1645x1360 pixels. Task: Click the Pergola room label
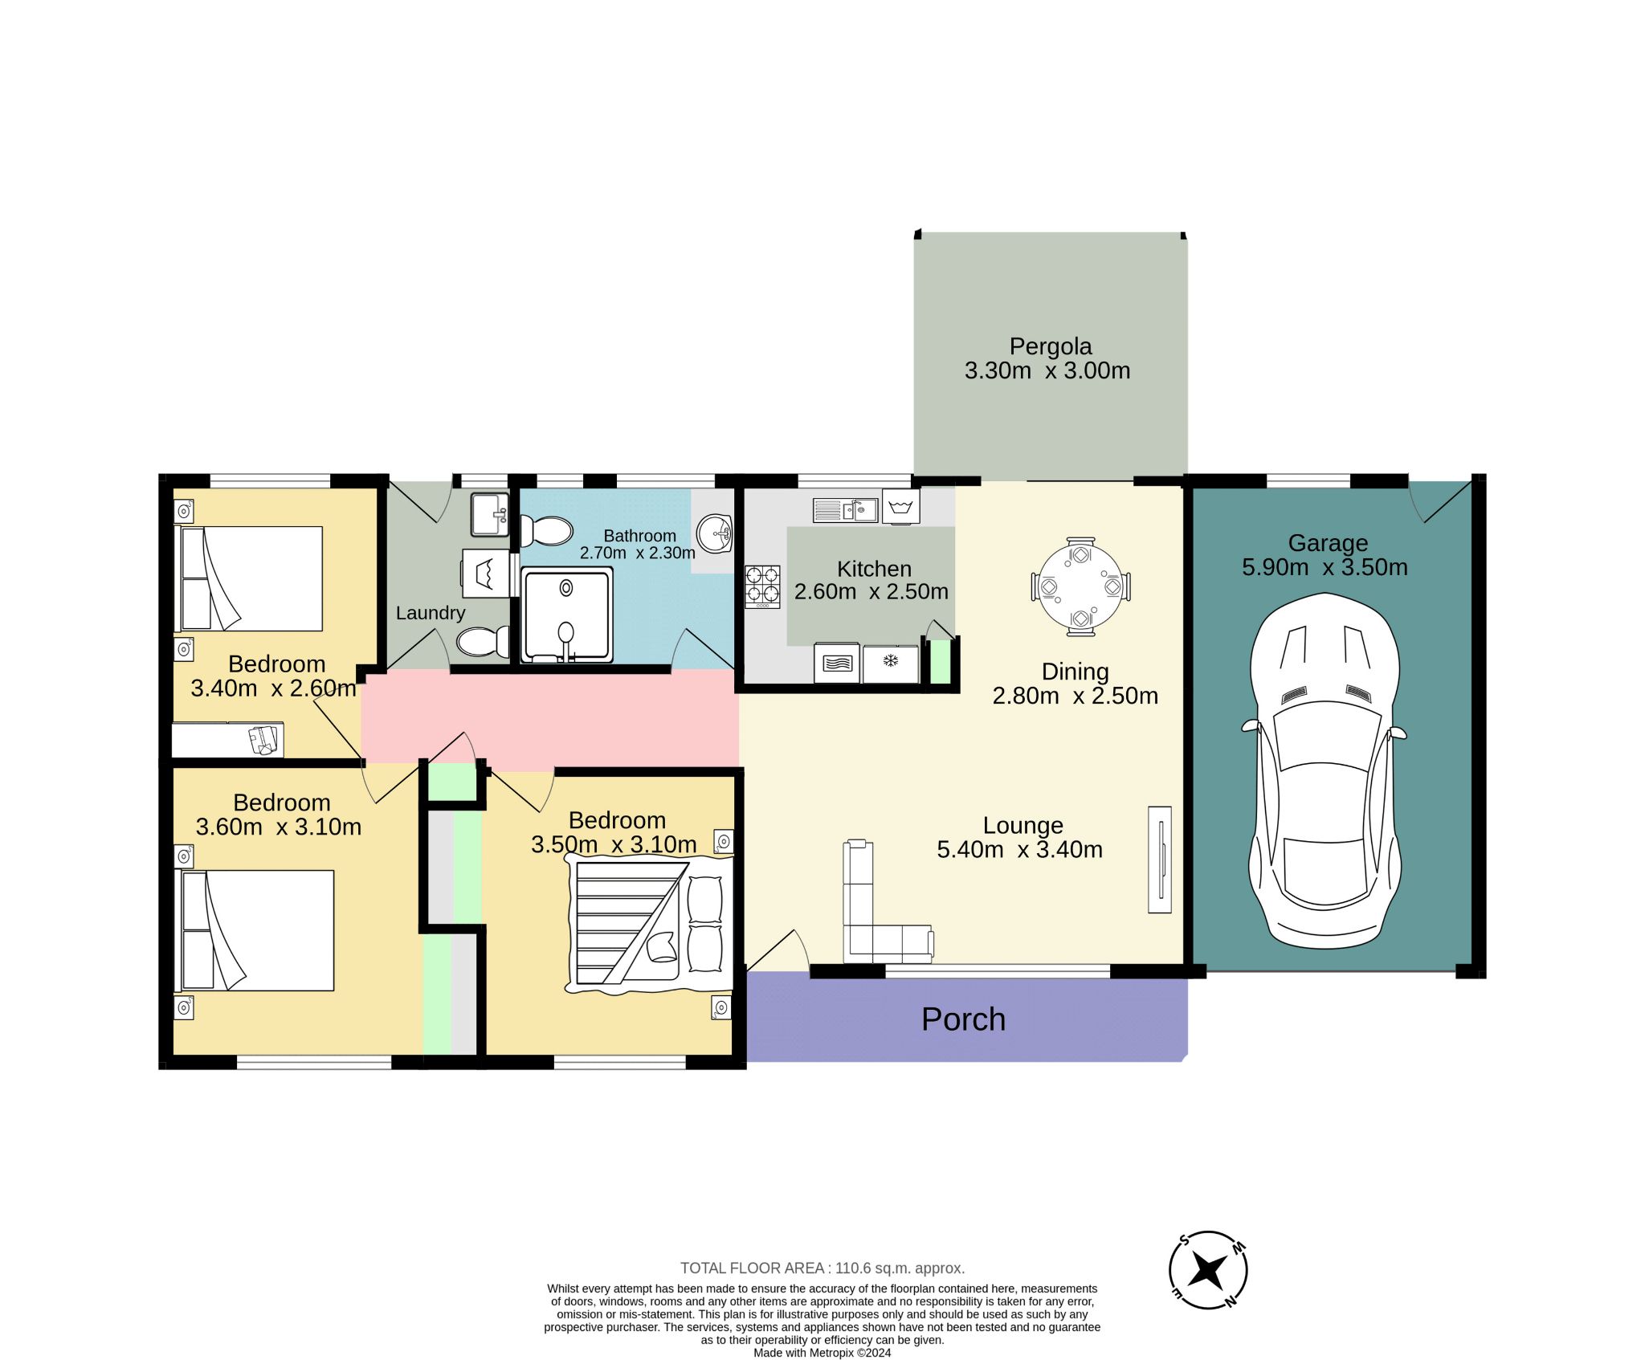[1050, 346]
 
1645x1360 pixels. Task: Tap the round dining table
[1080, 586]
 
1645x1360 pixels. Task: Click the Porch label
[962, 1019]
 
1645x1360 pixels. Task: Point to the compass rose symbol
[1207, 1271]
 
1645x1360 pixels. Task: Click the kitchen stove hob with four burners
[761, 586]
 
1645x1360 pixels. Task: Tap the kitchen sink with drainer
[845, 510]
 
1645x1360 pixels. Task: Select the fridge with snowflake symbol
[890, 664]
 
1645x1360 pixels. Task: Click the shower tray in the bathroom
[566, 615]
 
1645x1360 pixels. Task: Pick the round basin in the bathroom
[715, 533]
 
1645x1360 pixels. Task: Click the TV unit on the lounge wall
[1159, 860]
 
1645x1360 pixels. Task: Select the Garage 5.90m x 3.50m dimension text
[1325, 567]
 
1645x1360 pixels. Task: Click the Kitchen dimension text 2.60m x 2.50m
[871, 591]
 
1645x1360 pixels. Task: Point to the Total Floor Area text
[822, 1268]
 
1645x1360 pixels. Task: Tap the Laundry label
[431, 613]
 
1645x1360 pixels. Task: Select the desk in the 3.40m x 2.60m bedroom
[227, 740]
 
